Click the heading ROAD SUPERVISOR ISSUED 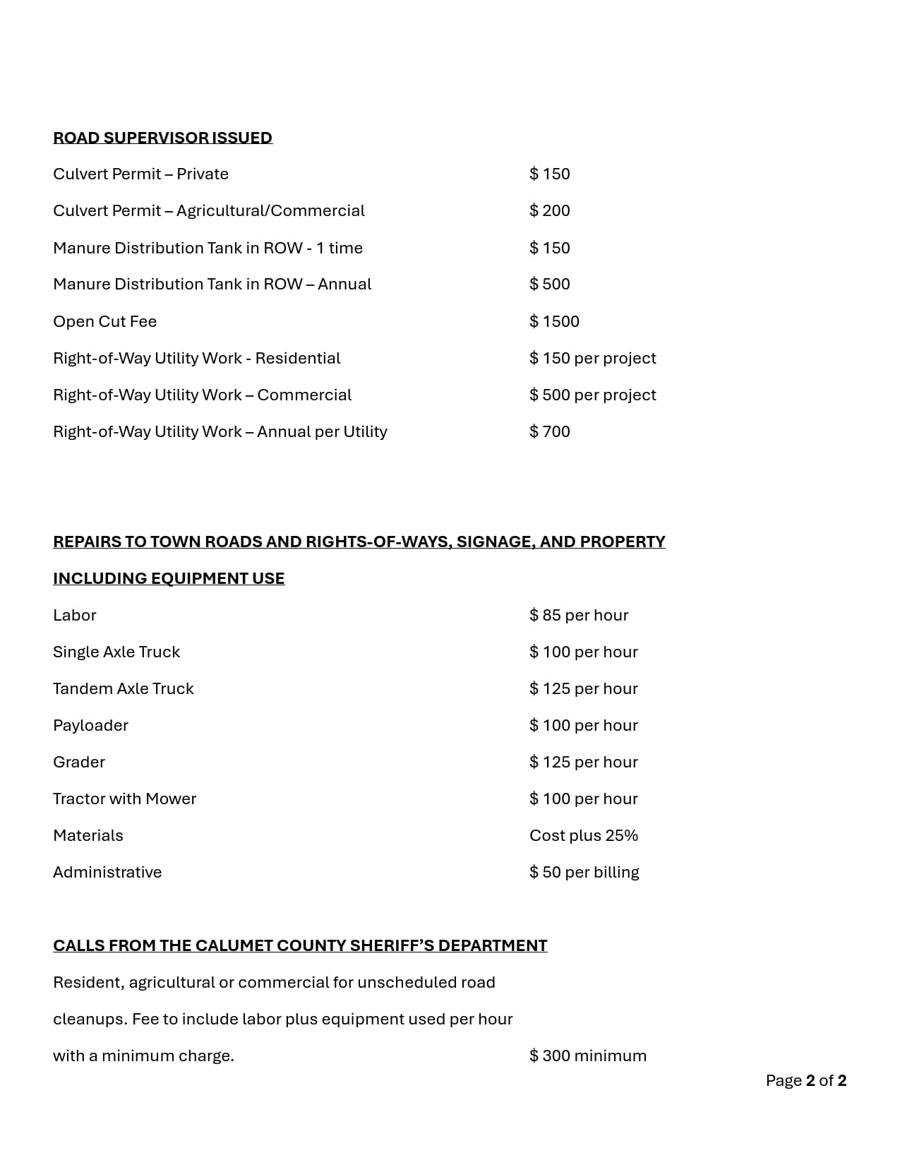(x=162, y=138)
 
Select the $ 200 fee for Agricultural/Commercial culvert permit (x=549, y=210)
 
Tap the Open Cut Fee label (x=104, y=321)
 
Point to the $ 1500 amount (x=554, y=321)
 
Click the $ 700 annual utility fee (x=549, y=431)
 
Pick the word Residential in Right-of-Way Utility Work (x=297, y=358)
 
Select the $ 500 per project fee (x=592, y=395)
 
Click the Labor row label (x=74, y=615)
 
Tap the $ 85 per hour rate (x=578, y=615)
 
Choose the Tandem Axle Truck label (x=123, y=688)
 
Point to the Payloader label (x=90, y=725)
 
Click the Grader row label (x=78, y=762)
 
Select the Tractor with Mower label (x=124, y=799)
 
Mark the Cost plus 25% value (x=583, y=835)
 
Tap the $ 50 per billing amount (x=584, y=872)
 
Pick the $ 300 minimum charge (x=587, y=1056)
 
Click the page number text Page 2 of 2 (x=805, y=1080)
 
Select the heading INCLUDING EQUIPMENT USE (x=169, y=578)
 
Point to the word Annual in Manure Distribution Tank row (x=344, y=284)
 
